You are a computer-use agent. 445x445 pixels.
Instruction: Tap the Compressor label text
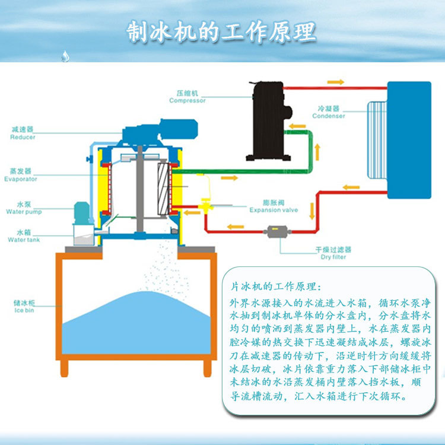click(187, 97)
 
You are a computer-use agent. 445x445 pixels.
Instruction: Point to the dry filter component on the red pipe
click(275, 231)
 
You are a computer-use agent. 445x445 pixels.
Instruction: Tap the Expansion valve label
click(274, 206)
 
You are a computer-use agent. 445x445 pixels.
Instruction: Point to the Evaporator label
click(21, 175)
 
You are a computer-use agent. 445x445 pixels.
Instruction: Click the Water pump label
click(23, 208)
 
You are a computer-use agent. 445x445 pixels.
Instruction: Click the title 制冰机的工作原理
click(221, 32)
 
